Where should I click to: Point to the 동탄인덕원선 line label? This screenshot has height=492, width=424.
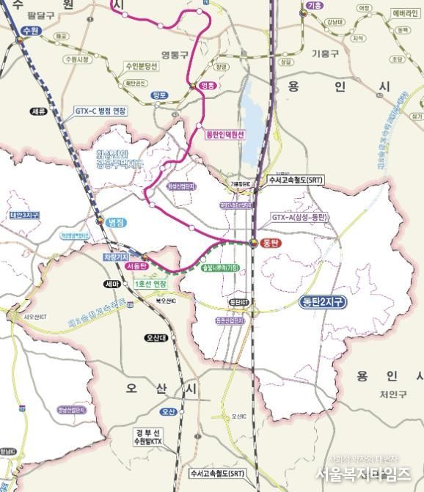(x=224, y=135)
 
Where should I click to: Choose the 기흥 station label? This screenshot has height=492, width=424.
(x=315, y=6)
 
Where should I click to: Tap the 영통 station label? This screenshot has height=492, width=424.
(x=209, y=86)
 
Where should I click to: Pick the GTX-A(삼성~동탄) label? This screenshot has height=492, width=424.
(x=296, y=217)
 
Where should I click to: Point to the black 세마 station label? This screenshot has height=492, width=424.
(x=112, y=284)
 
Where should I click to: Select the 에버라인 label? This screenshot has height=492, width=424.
(x=404, y=13)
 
